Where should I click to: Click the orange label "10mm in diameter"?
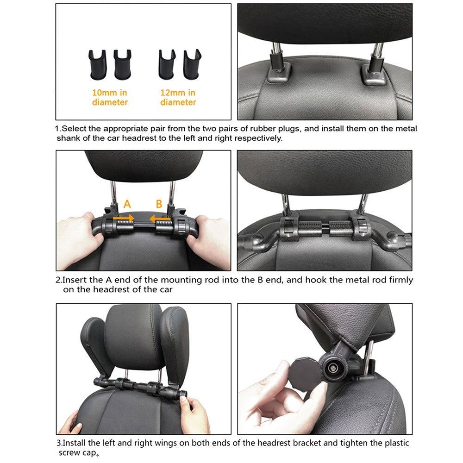click(110, 98)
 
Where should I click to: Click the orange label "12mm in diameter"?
click(178, 98)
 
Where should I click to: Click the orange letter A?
click(127, 204)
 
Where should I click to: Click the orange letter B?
click(159, 204)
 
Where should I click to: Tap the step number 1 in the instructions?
click(58, 128)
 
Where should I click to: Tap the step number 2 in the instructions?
click(58, 280)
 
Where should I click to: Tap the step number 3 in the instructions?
click(58, 443)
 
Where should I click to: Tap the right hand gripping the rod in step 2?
click(211, 236)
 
